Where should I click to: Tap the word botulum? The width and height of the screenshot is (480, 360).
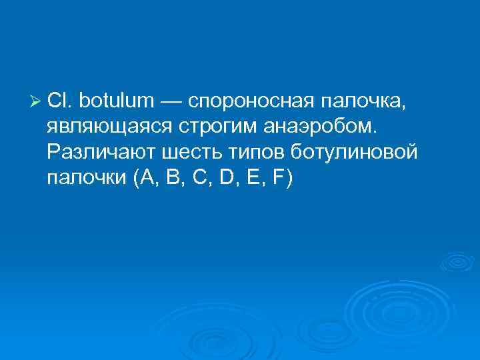pyautogui.click(x=116, y=101)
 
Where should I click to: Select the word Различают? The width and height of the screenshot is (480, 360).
pyautogui.click(x=101, y=153)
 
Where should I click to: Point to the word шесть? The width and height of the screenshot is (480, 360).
pyautogui.click(x=186, y=153)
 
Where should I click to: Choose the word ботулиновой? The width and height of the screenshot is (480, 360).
pyautogui.click(x=354, y=153)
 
